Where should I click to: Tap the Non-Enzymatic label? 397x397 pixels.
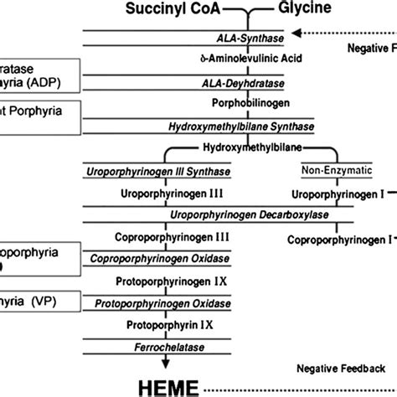329,171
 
